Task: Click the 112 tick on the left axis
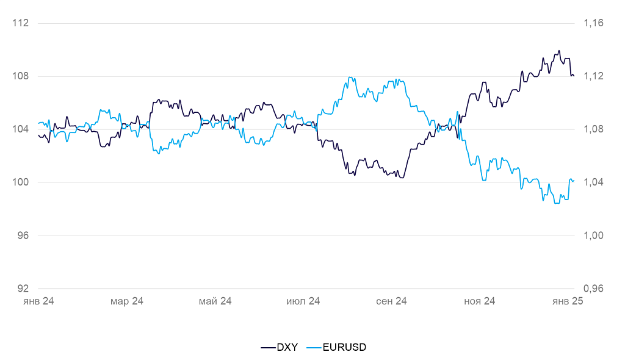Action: [x=21, y=23]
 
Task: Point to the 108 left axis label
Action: [x=21, y=76]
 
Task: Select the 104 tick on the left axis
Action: [x=21, y=129]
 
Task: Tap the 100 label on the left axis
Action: [x=21, y=182]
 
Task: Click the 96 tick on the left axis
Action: [x=23, y=236]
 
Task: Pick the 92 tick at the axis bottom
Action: [x=23, y=289]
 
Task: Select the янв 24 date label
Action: [x=39, y=301]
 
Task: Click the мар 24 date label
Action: [x=127, y=301]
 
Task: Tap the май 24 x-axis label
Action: [x=215, y=301]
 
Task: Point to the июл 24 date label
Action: [x=303, y=301]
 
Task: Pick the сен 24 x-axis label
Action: [x=392, y=301]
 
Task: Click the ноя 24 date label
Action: [x=480, y=301]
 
